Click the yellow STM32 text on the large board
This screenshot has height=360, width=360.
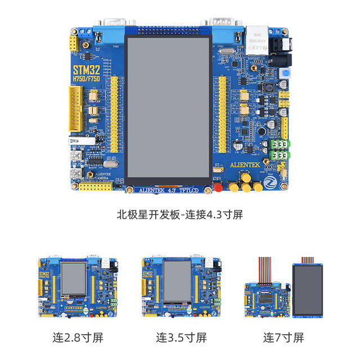pyautogui.click(x=86, y=70)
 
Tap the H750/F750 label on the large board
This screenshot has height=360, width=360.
pyautogui.click(x=86, y=80)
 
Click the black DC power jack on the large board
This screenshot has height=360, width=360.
pyautogui.click(x=279, y=47)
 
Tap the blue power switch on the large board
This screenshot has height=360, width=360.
pyautogui.click(x=286, y=74)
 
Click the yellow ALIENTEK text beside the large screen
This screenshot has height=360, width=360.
pyautogui.click(x=246, y=166)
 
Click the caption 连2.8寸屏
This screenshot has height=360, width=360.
pyautogui.click(x=78, y=338)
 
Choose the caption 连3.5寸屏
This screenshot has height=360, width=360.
pyautogui.click(x=181, y=338)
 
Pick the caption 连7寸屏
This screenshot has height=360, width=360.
pyautogui.click(x=283, y=338)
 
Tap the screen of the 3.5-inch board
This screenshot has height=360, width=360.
pyautogui.click(x=178, y=281)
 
